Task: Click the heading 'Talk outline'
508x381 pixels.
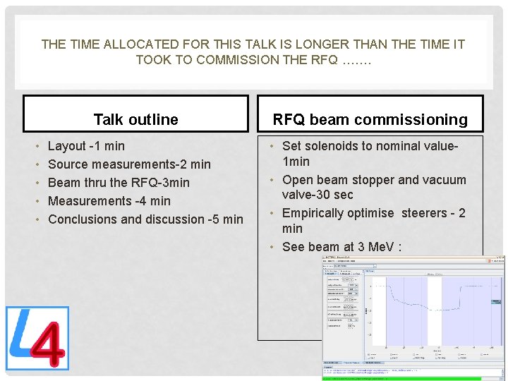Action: (x=135, y=119)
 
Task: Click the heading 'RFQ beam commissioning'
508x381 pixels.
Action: (x=370, y=119)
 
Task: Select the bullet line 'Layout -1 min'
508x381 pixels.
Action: (x=85, y=146)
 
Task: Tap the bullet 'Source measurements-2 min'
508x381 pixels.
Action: (x=129, y=164)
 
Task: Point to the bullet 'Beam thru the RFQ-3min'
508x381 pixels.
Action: (x=119, y=183)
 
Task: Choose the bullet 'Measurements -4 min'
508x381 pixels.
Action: (x=109, y=201)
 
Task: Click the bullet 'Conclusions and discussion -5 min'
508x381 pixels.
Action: (x=145, y=219)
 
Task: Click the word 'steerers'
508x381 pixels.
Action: (x=427, y=213)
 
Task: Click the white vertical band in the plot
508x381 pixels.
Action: (x=434, y=310)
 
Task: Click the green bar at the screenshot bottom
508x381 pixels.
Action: (x=413, y=378)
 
